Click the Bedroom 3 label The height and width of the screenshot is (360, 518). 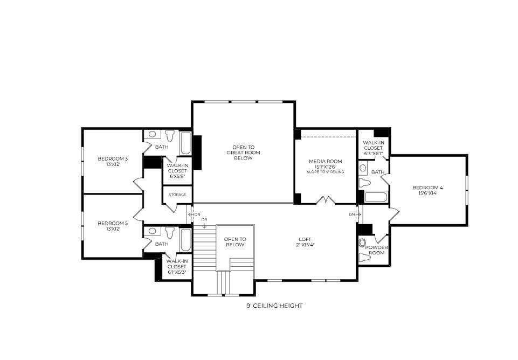click(113, 161)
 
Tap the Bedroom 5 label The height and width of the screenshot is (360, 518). click(113, 225)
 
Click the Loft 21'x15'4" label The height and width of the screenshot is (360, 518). click(305, 242)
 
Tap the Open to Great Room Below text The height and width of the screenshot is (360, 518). click(243, 153)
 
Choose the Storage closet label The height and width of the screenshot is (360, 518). click(177, 195)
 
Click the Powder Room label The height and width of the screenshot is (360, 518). click(376, 250)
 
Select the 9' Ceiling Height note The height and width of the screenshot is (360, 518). click(274, 306)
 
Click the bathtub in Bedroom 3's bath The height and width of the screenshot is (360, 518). click(185, 144)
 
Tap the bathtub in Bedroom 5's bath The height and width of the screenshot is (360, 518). click(185, 240)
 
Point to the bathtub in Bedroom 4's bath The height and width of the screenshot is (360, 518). click(375, 197)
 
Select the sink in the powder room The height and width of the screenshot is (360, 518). click(362, 243)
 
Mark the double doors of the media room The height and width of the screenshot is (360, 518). click(326, 200)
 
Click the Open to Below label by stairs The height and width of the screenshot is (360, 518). click(235, 241)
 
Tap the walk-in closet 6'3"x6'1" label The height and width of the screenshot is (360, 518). click(373, 148)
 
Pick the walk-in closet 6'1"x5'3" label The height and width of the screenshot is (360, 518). click(176, 266)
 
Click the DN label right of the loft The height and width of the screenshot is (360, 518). click(352, 214)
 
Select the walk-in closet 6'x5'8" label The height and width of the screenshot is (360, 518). click(177, 170)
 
